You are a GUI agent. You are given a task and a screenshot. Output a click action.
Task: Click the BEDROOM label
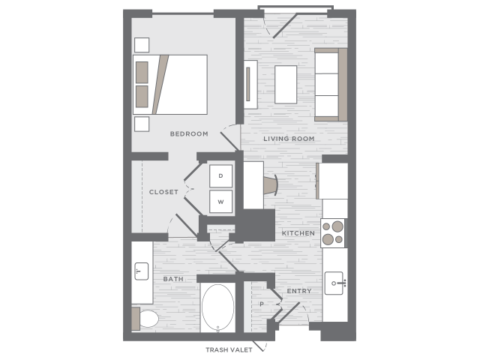(189, 133)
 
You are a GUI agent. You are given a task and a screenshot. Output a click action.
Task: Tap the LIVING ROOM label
(289, 139)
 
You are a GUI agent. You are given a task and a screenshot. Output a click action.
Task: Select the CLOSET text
(163, 192)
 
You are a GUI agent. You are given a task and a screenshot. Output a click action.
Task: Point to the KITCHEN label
(298, 233)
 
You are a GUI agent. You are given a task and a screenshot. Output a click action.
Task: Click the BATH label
(173, 279)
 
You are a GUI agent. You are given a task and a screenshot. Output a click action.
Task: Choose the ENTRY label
(299, 291)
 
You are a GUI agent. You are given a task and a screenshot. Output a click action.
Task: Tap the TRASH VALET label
(229, 350)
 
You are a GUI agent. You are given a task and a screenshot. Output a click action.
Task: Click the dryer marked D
(220, 176)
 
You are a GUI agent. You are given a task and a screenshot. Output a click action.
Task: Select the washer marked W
(220, 202)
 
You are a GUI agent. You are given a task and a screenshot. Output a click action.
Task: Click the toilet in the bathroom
(145, 319)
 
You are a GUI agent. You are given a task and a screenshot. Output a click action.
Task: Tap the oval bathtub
(217, 307)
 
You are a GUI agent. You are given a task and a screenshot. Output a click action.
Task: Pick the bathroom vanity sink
(142, 271)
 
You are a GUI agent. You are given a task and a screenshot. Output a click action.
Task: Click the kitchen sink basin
(334, 283)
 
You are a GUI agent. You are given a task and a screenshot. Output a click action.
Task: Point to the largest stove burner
(337, 226)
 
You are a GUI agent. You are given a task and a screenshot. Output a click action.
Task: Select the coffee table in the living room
(286, 85)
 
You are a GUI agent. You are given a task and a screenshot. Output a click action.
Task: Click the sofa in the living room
(331, 85)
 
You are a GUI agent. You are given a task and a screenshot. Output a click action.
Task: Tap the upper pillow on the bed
(142, 72)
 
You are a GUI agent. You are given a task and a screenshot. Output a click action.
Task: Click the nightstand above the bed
(142, 45)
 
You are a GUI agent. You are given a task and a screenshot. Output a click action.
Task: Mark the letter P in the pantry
(262, 304)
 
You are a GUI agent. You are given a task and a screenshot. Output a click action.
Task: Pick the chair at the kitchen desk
(271, 185)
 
